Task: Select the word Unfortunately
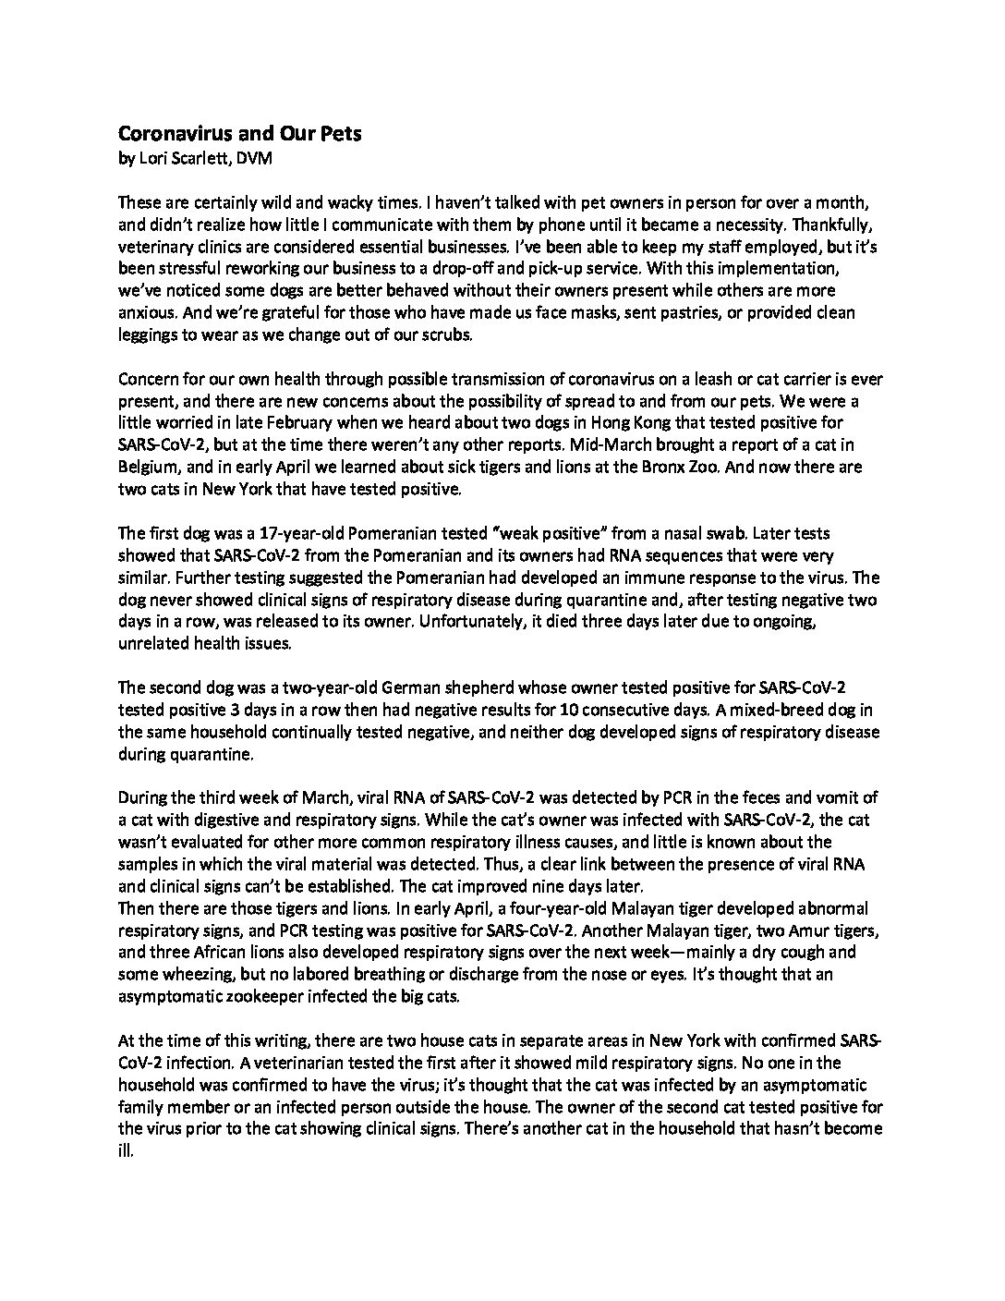pyautogui.click(x=466, y=622)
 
